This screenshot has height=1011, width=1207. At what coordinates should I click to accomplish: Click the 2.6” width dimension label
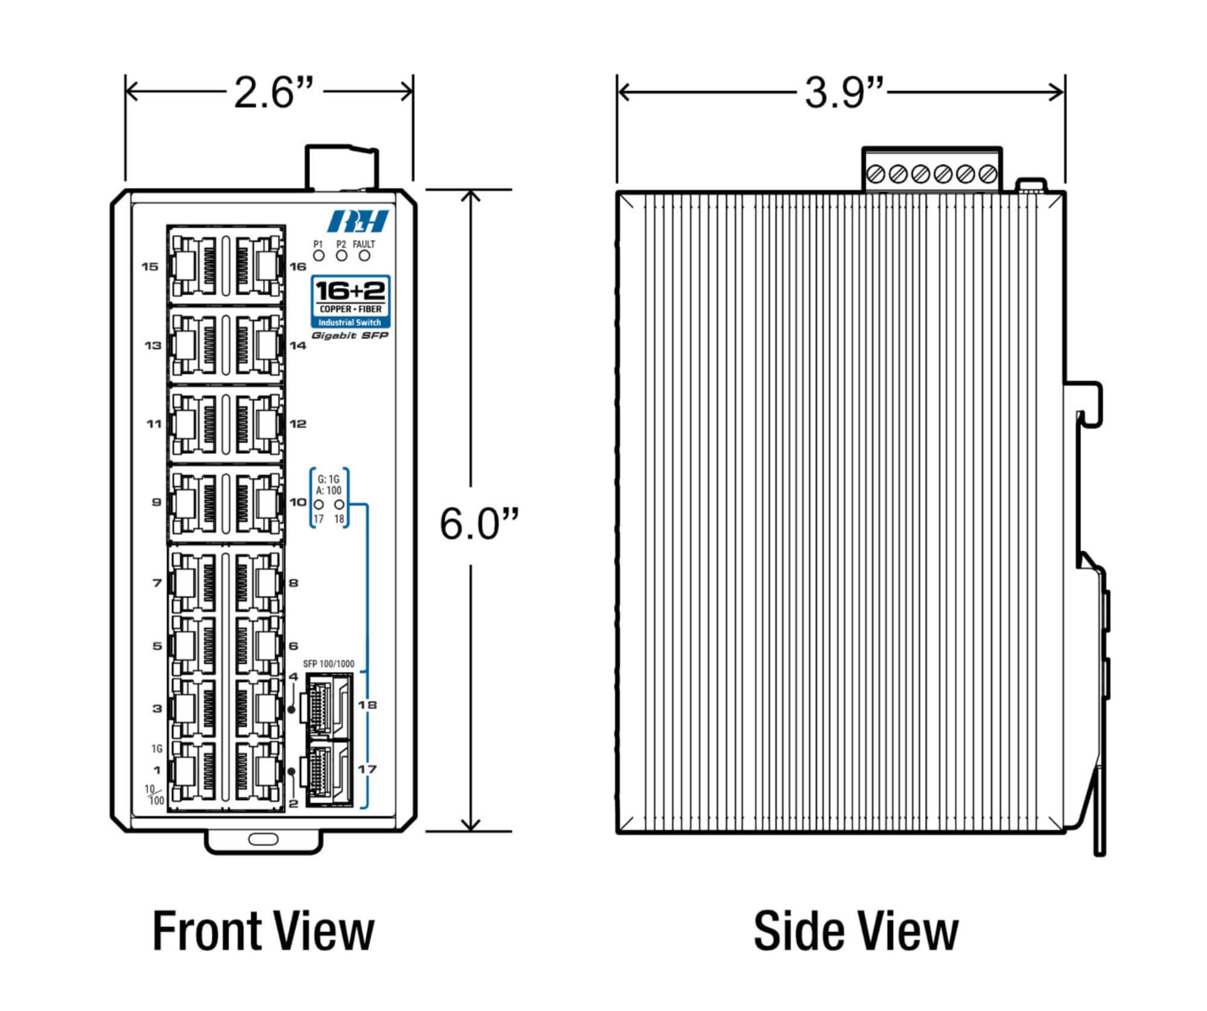[275, 93]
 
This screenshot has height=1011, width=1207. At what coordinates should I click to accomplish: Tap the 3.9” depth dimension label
[844, 93]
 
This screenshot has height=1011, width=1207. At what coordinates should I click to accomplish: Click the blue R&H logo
[358, 221]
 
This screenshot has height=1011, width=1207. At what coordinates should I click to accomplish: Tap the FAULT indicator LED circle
[365, 255]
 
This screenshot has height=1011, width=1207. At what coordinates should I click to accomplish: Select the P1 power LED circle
[319, 255]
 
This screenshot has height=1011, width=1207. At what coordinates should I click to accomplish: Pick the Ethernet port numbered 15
[194, 266]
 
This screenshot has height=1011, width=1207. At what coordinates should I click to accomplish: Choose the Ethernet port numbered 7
[194, 583]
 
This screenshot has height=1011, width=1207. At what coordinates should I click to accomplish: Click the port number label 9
[156, 502]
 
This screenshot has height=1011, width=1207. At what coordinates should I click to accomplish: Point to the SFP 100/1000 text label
[328, 664]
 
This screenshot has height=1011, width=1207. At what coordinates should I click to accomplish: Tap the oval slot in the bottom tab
[263, 839]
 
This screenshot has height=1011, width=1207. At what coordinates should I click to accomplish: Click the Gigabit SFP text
[350, 336]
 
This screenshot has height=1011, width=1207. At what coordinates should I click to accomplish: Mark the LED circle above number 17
[319, 504]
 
